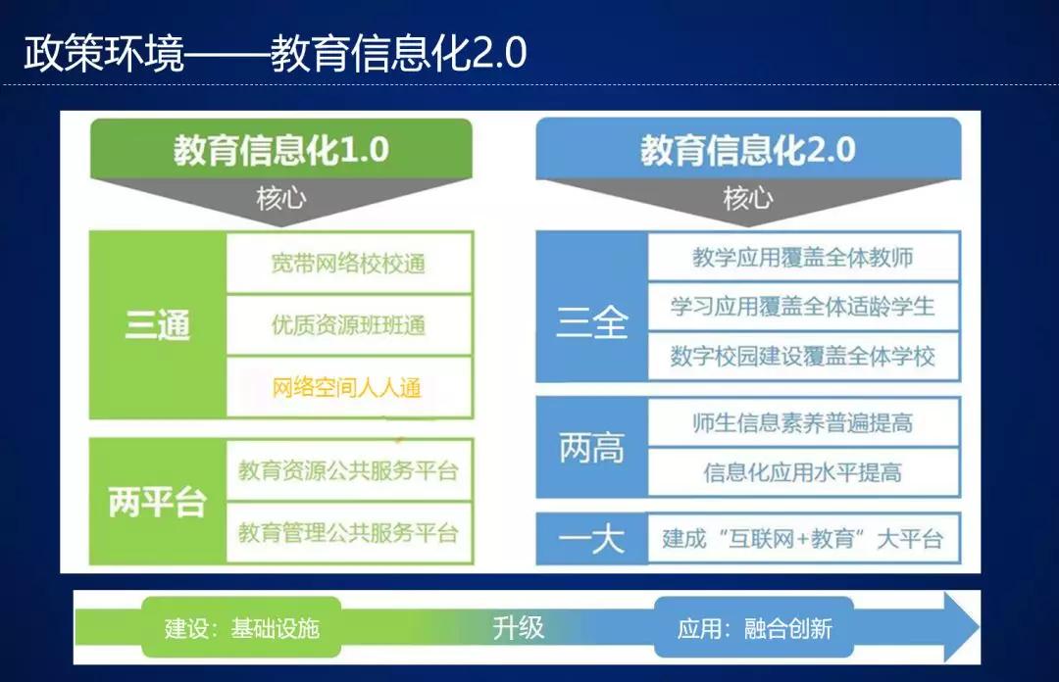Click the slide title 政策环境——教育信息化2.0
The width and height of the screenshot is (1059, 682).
point(276,53)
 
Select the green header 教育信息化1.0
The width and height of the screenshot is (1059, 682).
point(281,149)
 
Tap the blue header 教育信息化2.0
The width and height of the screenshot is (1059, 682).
point(748,149)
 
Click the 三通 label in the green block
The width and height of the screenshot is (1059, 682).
point(157,324)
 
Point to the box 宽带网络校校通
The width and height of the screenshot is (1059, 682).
point(348,263)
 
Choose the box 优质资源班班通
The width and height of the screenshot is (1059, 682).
point(348,324)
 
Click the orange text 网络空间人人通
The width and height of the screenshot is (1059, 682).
point(347,388)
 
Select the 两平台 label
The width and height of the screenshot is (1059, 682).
point(157,502)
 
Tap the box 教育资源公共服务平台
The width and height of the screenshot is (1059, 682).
point(348,470)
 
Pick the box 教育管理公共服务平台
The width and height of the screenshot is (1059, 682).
point(348,533)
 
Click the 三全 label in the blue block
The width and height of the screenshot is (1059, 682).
point(592,321)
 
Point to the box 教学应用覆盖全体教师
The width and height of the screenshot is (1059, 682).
point(803,257)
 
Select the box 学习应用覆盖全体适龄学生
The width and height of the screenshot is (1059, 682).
point(803,307)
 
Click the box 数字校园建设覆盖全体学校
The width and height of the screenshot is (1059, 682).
point(803,356)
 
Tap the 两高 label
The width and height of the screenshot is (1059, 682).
point(591,448)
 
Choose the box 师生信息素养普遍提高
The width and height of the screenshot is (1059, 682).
point(803,422)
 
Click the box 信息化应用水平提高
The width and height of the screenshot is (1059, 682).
point(803,472)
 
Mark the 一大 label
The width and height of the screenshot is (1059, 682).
point(591,539)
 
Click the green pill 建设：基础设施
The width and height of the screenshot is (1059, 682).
point(242,627)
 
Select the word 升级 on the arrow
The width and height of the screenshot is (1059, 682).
point(518,627)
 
